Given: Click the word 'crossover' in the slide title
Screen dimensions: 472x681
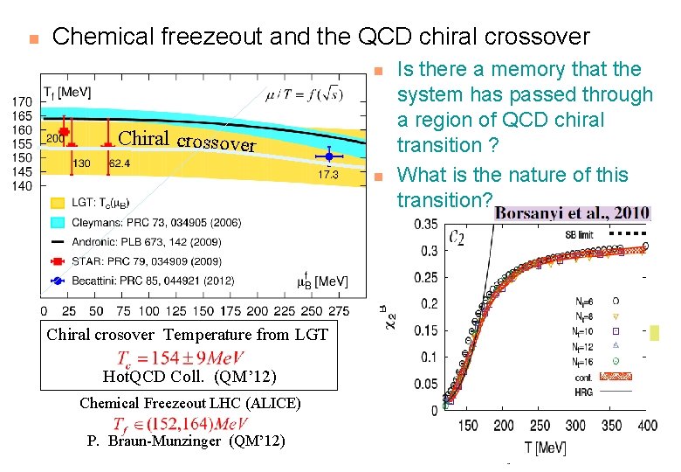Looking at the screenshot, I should click(525, 37).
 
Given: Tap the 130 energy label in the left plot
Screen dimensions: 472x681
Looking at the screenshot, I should click(81, 163).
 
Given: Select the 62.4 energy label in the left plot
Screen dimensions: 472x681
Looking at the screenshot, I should click(120, 163).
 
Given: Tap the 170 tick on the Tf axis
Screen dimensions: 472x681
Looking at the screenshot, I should click(21, 101).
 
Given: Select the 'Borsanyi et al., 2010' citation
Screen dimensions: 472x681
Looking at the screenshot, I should click(571, 213).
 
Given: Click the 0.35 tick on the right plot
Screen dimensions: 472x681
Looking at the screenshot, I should click(425, 225).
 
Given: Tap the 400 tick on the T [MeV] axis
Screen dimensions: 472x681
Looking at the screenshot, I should click(646, 426).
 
